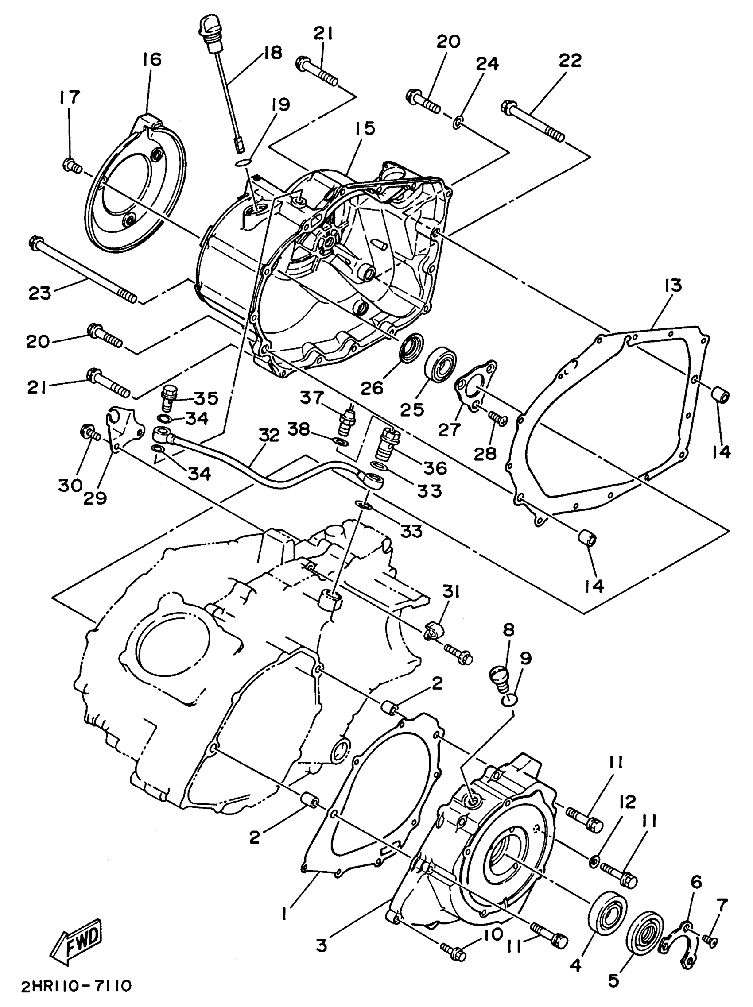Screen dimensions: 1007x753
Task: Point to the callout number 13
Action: [673, 286]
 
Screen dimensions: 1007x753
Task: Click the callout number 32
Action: [269, 435]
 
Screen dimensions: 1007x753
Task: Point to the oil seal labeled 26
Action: [411, 348]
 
